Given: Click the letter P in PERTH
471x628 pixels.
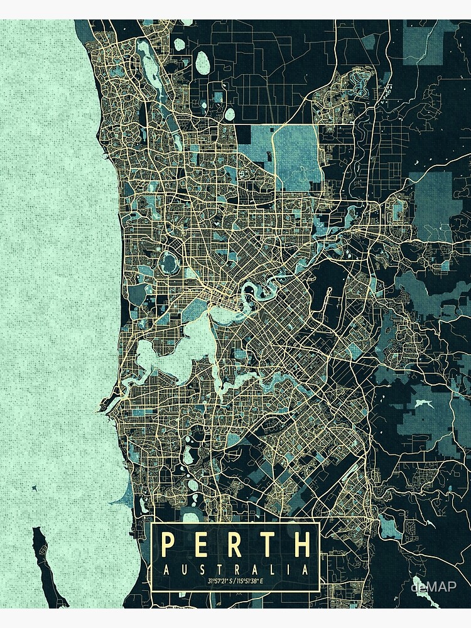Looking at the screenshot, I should (168, 545).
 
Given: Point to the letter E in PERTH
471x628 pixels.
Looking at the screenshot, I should (202, 545).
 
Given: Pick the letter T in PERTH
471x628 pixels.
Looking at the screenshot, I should (269, 545).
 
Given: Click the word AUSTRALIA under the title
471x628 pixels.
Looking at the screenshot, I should (235, 570).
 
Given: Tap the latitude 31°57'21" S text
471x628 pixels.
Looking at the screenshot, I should (216, 582).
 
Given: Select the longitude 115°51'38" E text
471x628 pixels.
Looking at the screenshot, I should (254, 582).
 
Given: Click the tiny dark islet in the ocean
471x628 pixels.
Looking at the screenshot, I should (30, 488).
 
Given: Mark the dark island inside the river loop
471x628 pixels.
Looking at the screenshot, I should (249, 291).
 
